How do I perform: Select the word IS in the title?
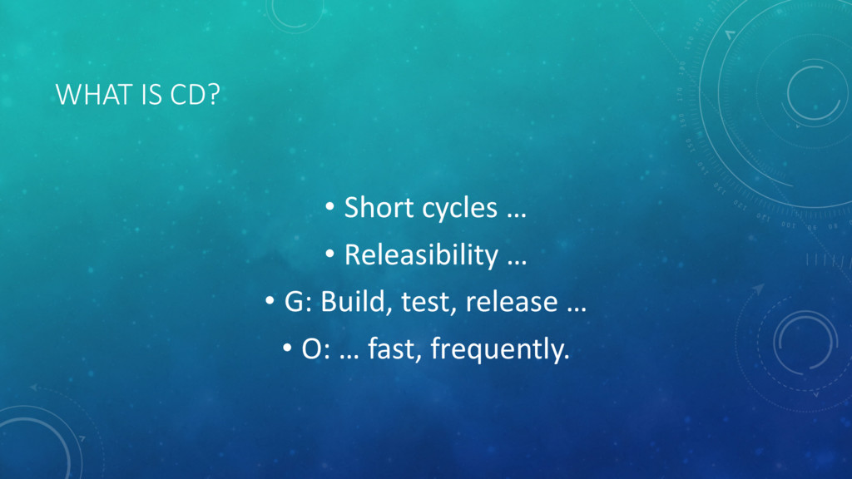click(x=151, y=95)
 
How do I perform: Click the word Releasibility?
click(x=421, y=254)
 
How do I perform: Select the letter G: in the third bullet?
click(x=299, y=301)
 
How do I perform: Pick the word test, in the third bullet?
click(x=427, y=303)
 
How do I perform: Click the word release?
click(x=512, y=301)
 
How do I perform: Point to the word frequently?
click(x=500, y=349)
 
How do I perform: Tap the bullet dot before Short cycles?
click(x=329, y=207)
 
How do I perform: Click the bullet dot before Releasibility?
click(x=329, y=254)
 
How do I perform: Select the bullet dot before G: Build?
click(x=270, y=301)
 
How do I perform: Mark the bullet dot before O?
click(x=287, y=348)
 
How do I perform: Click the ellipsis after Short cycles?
click(x=517, y=216)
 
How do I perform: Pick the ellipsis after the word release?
click(x=577, y=310)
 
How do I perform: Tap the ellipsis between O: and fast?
click(x=349, y=358)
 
